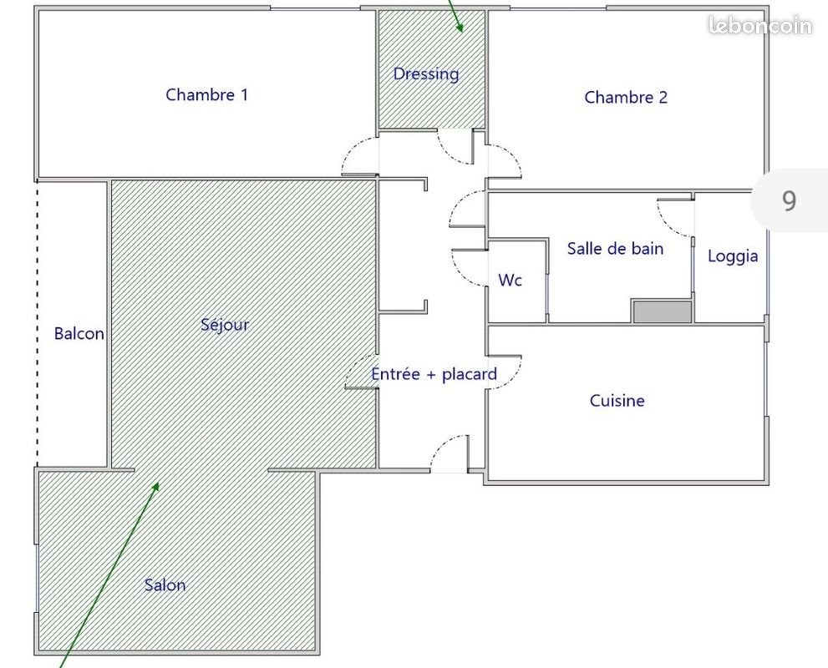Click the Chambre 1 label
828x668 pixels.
point(206,94)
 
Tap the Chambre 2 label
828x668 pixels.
point(626,97)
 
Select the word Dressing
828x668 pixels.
point(426,73)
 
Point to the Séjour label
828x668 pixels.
point(225,324)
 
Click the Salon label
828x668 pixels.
point(165,584)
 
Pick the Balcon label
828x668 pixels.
point(79,334)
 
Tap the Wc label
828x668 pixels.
point(510,281)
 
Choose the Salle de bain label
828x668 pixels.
point(615,248)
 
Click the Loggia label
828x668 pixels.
point(733,256)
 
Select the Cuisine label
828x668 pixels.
point(617,401)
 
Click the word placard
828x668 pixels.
point(469,374)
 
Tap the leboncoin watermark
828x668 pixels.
point(759,26)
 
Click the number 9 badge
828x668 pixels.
point(789,200)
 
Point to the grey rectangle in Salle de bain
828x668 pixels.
point(662,311)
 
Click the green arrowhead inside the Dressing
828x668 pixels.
point(459,27)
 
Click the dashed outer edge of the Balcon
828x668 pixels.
point(37,326)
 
